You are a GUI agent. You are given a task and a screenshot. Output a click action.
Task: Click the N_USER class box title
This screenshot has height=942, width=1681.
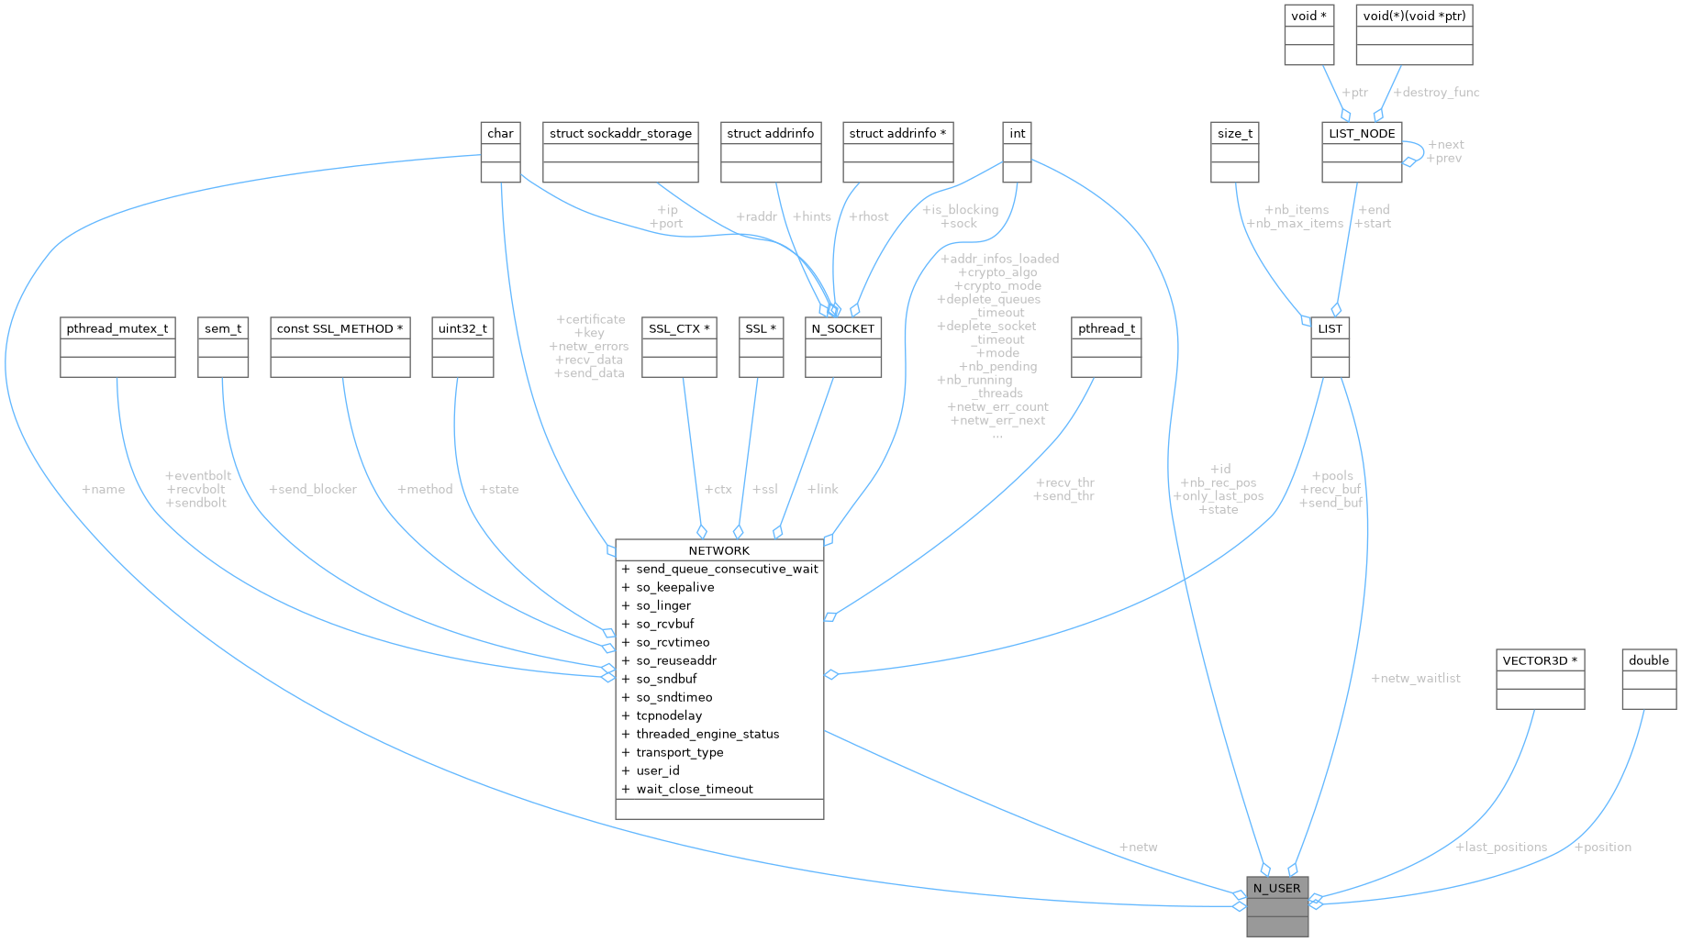(x=1276, y=888)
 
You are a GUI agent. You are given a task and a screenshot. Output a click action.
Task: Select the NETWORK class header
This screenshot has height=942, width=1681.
(x=718, y=550)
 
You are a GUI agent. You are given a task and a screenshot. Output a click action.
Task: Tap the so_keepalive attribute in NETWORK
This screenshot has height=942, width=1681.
(x=674, y=587)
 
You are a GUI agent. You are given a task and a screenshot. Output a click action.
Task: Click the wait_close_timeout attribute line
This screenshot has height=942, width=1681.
(x=694, y=789)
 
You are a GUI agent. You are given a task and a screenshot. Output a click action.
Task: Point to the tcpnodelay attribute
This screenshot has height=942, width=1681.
(x=669, y=715)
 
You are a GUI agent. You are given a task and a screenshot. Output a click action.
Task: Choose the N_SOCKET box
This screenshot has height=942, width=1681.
(x=842, y=328)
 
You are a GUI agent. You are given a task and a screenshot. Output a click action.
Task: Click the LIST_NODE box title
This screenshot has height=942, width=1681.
(x=1362, y=133)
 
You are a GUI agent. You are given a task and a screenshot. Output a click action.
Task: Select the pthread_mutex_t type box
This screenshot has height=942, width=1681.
(x=117, y=328)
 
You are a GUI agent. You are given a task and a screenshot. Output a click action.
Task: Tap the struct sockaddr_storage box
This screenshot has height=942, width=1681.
(x=620, y=133)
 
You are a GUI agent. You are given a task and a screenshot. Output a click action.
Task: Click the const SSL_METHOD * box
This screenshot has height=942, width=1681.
(x=340, y=328)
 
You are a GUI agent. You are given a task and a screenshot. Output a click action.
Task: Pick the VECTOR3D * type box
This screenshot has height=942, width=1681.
(x=1540, y=660)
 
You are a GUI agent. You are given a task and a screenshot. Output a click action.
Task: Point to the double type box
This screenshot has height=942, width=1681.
(x=1648, y=660)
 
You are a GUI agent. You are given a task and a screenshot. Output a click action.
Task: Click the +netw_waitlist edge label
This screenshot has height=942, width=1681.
(x=1415, y=678)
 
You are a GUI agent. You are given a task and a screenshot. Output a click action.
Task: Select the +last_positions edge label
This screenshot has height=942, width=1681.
(x=1501, y=847)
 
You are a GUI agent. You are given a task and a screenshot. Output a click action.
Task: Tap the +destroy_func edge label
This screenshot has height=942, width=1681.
(x=1436, y=92)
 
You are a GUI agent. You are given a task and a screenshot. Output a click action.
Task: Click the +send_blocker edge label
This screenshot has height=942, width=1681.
(x=312, y=489)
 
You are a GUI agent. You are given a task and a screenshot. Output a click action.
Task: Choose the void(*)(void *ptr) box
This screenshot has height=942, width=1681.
(x=1414, y=16)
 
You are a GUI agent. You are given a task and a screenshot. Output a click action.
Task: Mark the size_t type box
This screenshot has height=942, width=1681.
(x=1234, y=133)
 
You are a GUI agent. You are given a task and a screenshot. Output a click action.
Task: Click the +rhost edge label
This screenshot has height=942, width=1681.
(x=869, y=216)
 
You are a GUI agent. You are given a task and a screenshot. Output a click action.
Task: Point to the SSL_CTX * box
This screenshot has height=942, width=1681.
(x=678, y=328)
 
